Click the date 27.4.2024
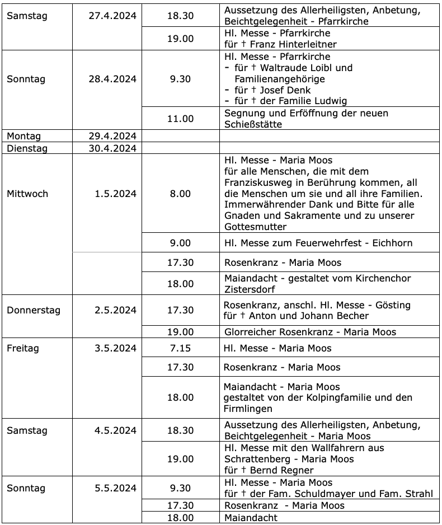click(x=112, y=16)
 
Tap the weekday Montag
click(x=23, y=136)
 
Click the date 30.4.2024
click(x=112, y=148)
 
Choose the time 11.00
click(x=180, y=119)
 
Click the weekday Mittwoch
click(x=27, y=194)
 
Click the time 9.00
click(x=180, y=243)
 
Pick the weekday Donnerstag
click(x=34, y=310)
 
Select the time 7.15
click(x=180, y=348)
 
